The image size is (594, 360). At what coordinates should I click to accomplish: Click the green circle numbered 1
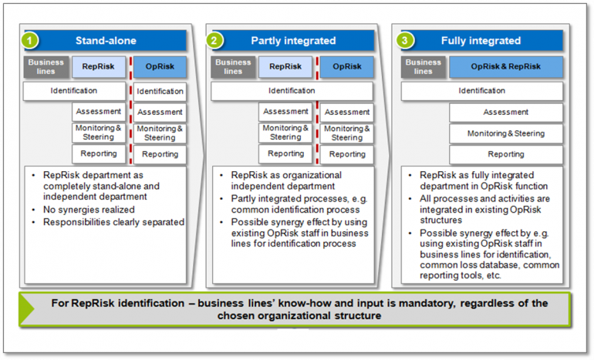(30, 40)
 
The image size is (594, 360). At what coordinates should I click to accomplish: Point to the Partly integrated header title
(293, 40)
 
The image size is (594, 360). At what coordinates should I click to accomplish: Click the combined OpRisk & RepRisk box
(506, 67)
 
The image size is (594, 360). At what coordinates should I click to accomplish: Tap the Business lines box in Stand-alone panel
(45, 67)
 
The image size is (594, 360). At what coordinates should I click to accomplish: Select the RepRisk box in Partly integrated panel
(285, 67)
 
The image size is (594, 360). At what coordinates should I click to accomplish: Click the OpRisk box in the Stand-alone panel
(160, 67)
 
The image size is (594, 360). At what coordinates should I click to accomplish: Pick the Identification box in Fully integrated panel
(482, 91)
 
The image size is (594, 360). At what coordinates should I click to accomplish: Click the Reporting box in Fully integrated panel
(506, 154)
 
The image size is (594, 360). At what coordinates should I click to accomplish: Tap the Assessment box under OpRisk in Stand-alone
(160, 112)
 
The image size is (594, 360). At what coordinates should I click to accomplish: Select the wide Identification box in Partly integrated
(292, 91)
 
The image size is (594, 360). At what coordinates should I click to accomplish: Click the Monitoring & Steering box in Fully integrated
(506, 133)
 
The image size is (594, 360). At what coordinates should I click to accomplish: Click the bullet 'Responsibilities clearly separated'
(111, 222)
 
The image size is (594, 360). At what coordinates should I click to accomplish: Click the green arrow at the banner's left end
(28, 309)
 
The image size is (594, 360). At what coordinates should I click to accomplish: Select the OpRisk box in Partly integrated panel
(347, 67)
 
